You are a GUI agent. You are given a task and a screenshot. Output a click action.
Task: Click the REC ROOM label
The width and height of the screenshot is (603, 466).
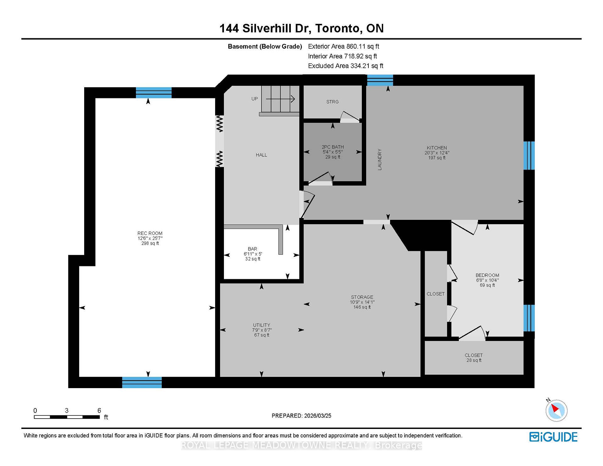[x=150, y=233]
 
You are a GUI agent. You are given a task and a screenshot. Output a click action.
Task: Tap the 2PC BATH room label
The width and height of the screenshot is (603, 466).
[x=333, y=147]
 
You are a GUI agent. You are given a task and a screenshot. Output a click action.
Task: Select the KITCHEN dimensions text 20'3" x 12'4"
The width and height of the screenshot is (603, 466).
[x=437, y=153]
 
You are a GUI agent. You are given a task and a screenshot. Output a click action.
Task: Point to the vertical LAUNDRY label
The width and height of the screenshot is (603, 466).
[x=379, y=160]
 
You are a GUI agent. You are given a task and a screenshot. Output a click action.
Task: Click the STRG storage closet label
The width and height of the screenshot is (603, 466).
[x=332, y=102]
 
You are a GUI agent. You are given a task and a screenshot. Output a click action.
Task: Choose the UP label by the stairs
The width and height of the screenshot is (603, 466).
[x=254, y=99]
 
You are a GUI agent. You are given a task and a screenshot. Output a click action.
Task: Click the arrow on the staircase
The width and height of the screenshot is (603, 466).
[x=280, y=99]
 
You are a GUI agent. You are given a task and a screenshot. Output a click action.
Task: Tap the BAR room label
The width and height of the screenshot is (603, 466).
[x=253, y=249]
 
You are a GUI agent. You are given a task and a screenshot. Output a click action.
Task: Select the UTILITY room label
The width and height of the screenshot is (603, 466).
[x=262, y=325]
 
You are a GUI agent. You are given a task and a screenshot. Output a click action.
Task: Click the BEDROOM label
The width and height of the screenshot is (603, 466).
[x=487, y=275]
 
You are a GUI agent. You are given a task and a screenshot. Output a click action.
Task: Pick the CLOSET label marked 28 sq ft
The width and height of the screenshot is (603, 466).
[x=474, y=355]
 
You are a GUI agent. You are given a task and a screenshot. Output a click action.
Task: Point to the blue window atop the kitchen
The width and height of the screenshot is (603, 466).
[x=380, y=80]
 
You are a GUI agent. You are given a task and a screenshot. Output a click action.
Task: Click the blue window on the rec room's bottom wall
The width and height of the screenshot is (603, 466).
[x=142, y=382]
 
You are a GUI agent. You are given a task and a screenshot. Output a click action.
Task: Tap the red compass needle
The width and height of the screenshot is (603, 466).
[x=555, y=408]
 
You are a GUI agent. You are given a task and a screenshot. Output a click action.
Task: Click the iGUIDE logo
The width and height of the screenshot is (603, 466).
[x=553, y=437]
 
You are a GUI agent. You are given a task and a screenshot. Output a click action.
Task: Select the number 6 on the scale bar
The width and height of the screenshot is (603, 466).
[x=99, y=410]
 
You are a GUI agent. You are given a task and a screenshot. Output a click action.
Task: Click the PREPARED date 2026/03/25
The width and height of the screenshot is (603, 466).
[x=318, y=416]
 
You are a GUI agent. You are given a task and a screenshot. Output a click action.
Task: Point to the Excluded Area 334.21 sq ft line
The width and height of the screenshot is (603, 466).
[x=345, y=66]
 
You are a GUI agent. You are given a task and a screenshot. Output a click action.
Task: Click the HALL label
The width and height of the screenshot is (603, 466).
[x=261, y=155]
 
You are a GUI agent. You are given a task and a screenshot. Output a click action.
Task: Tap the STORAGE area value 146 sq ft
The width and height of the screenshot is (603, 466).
[x=362, y=307]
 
